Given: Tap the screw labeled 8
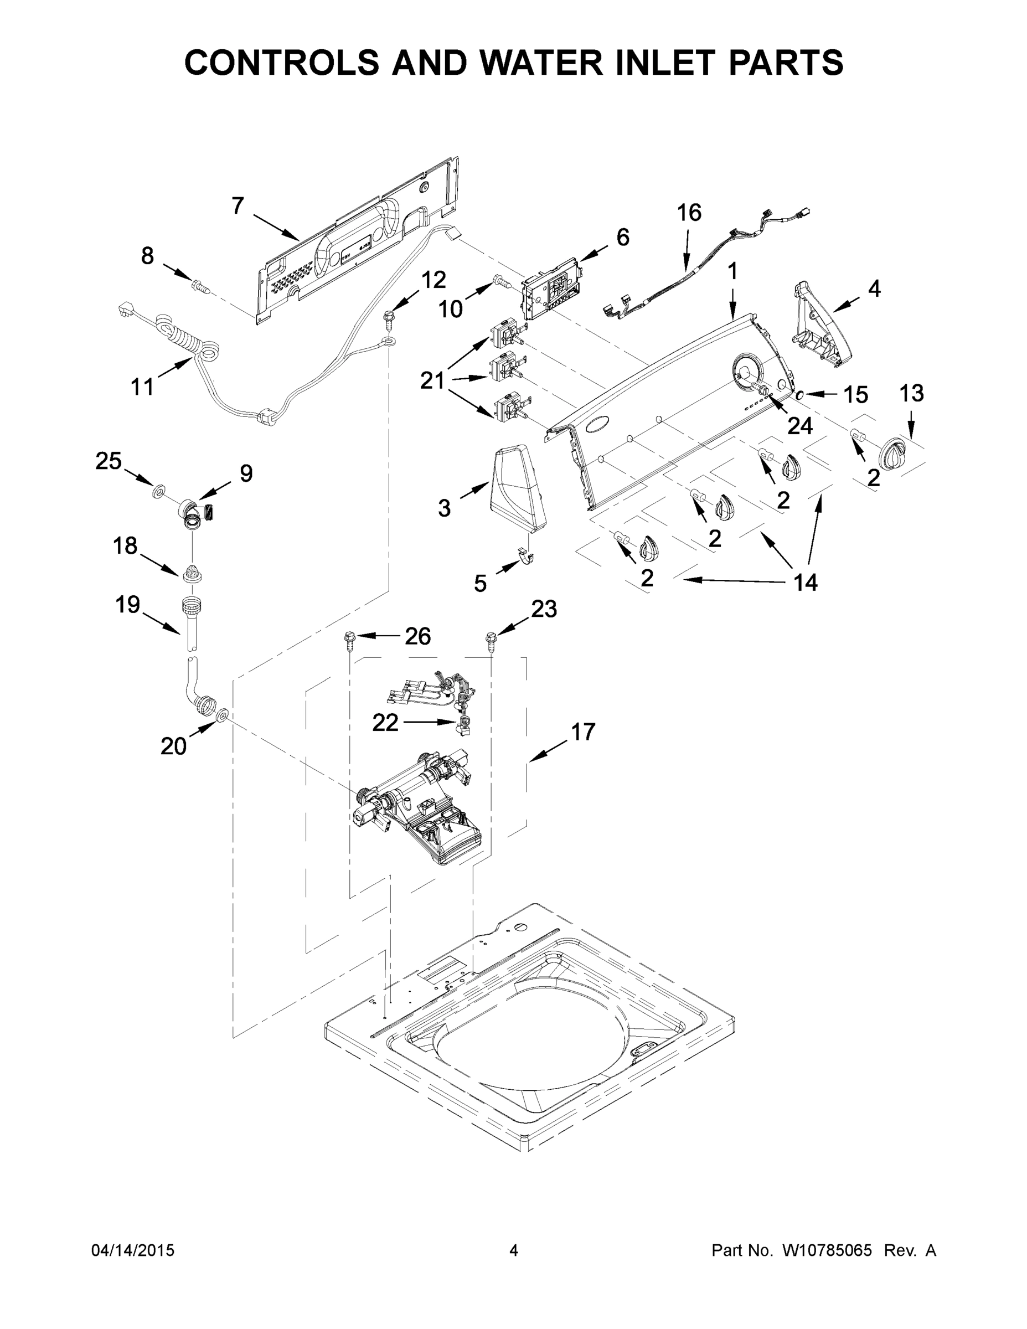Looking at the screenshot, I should (x=199, y=285).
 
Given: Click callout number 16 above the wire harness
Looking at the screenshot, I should (x=689, y=213).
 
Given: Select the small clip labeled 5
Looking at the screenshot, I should (x=525, y=555).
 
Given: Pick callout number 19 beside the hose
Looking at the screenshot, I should (x=128, y=605).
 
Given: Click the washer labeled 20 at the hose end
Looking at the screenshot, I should (x=222, y=714).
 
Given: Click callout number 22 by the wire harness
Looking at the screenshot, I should (x=385, y=722).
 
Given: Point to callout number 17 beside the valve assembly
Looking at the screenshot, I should (x=582, y=732).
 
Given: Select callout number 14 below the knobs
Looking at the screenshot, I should (x=805, y=583).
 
